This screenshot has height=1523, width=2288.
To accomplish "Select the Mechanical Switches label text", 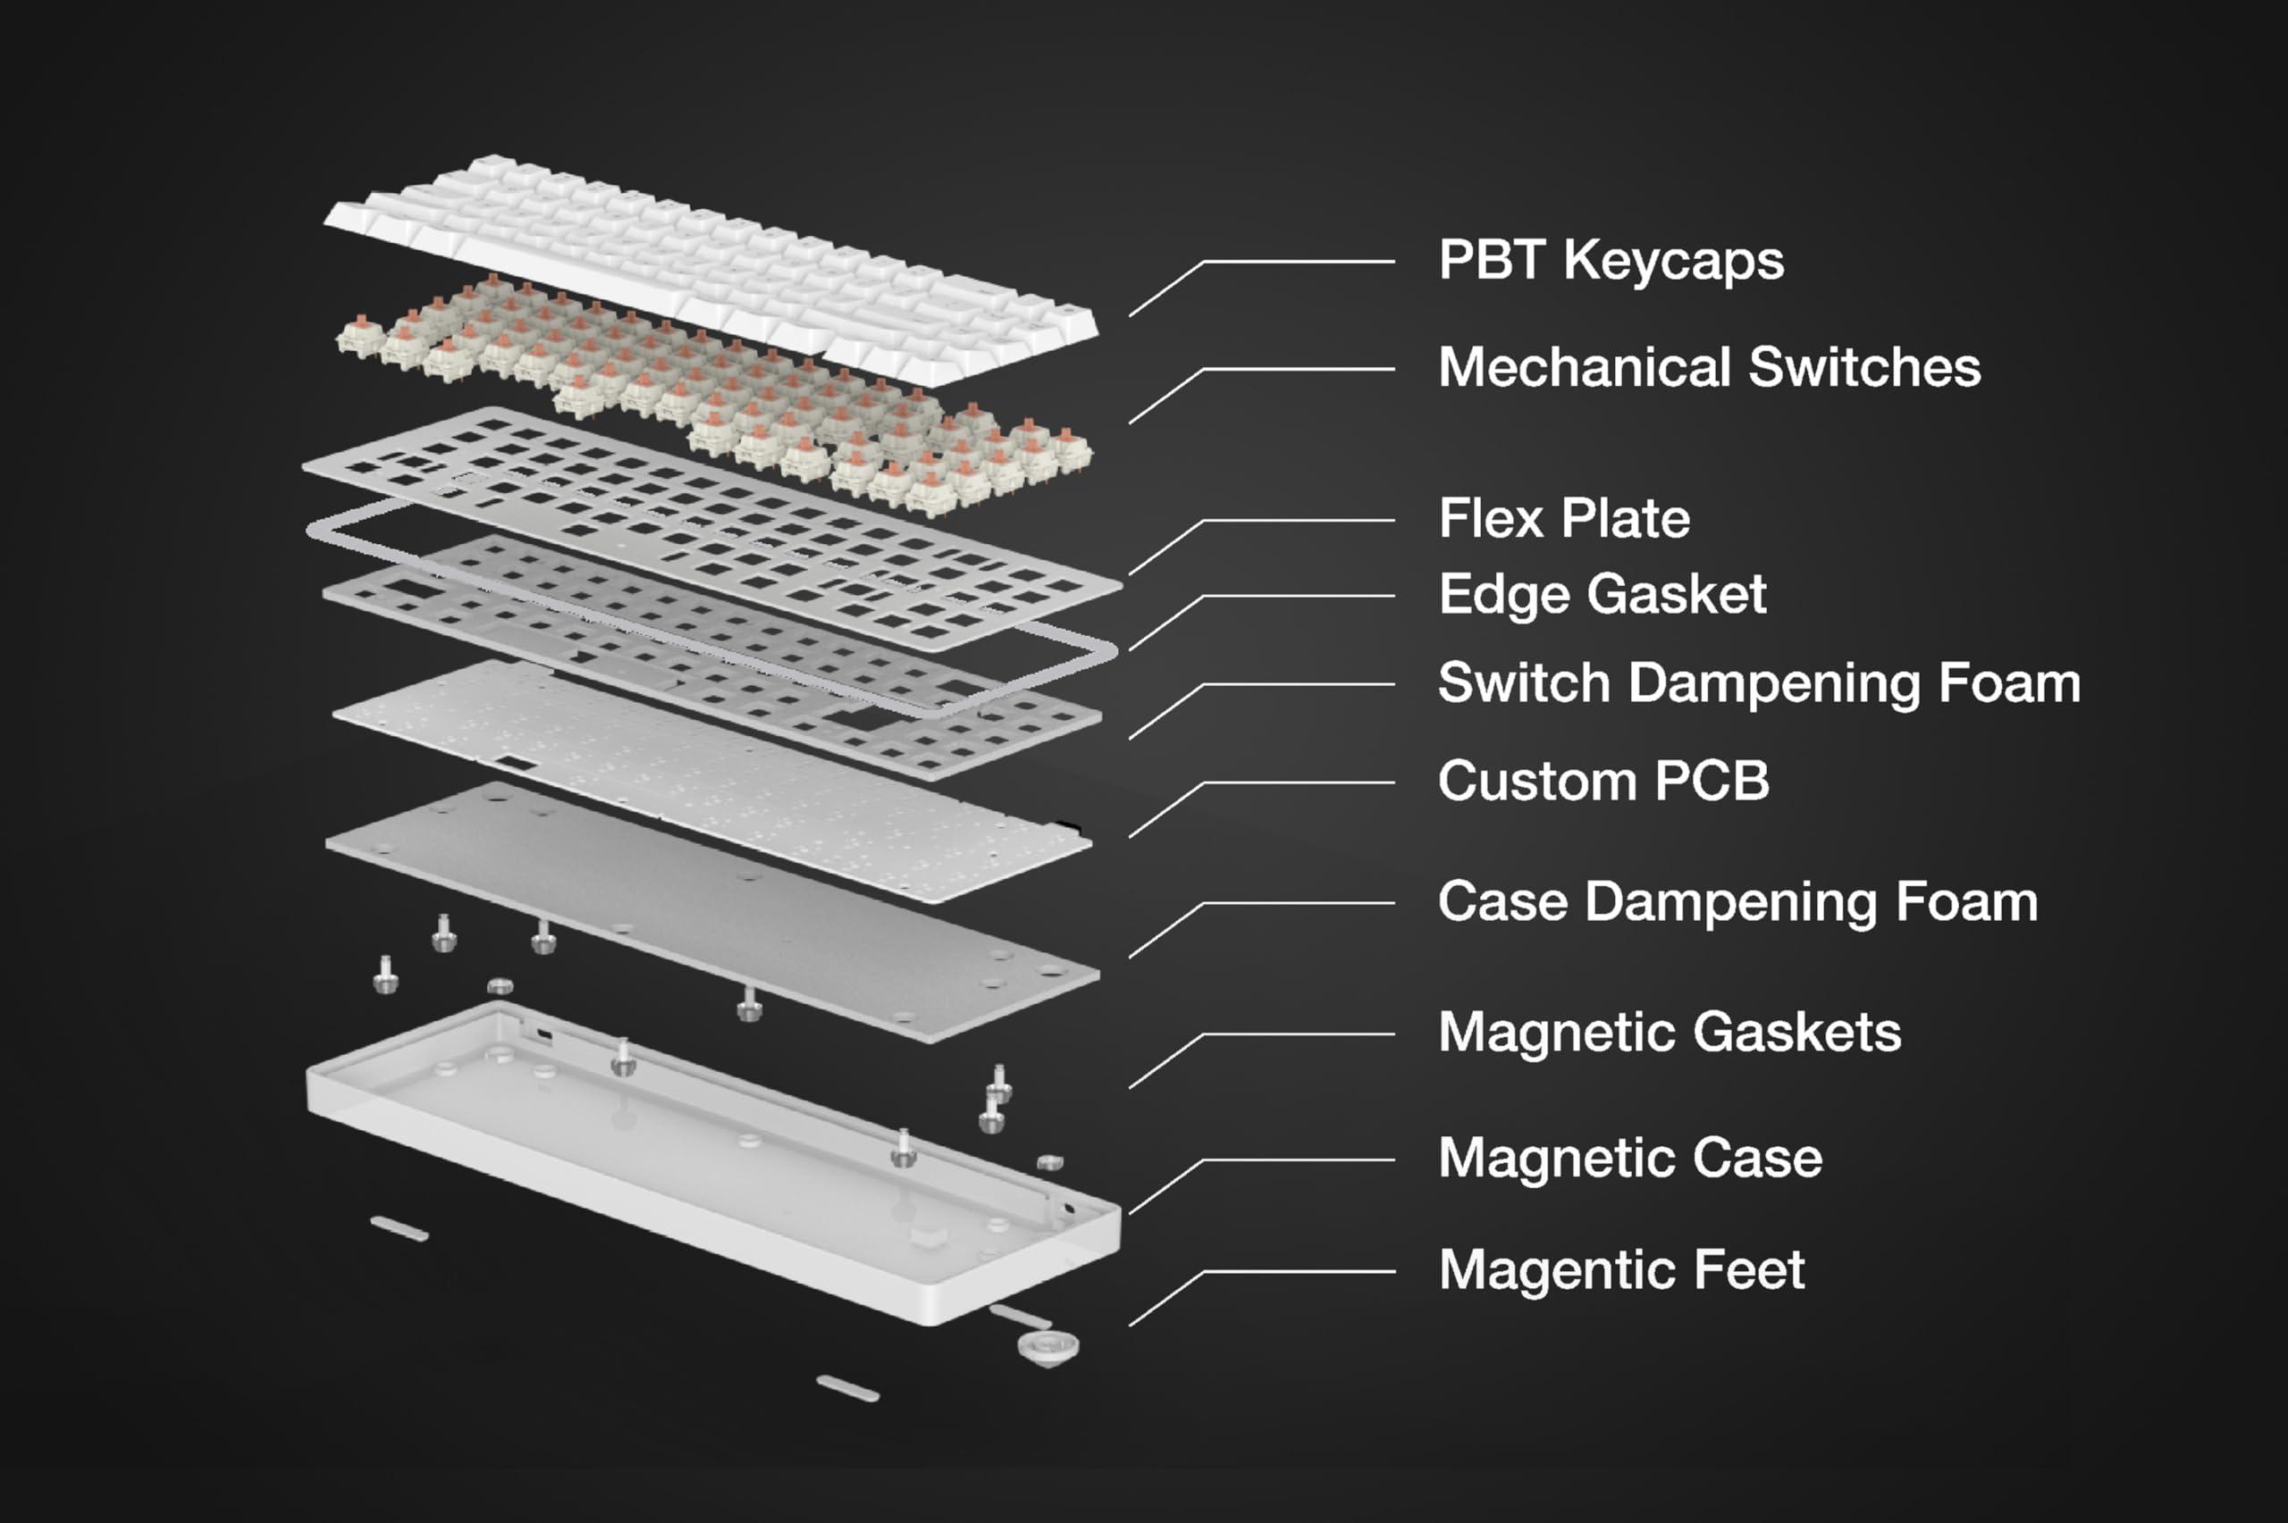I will click(x=1708, y=367).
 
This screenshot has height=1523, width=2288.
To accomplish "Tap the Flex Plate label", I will click(x=1563, y=519).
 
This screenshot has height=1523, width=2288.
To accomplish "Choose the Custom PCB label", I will click(x=1603, y=781).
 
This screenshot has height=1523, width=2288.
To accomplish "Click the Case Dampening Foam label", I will click(x=1737, y=902).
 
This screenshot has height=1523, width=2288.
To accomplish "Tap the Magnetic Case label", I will click(x=1629, y=1158).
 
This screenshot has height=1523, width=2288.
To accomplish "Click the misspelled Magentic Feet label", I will click(x=1620, y=1269).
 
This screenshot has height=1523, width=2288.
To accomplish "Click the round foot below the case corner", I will click(x=1047, y=1348).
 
